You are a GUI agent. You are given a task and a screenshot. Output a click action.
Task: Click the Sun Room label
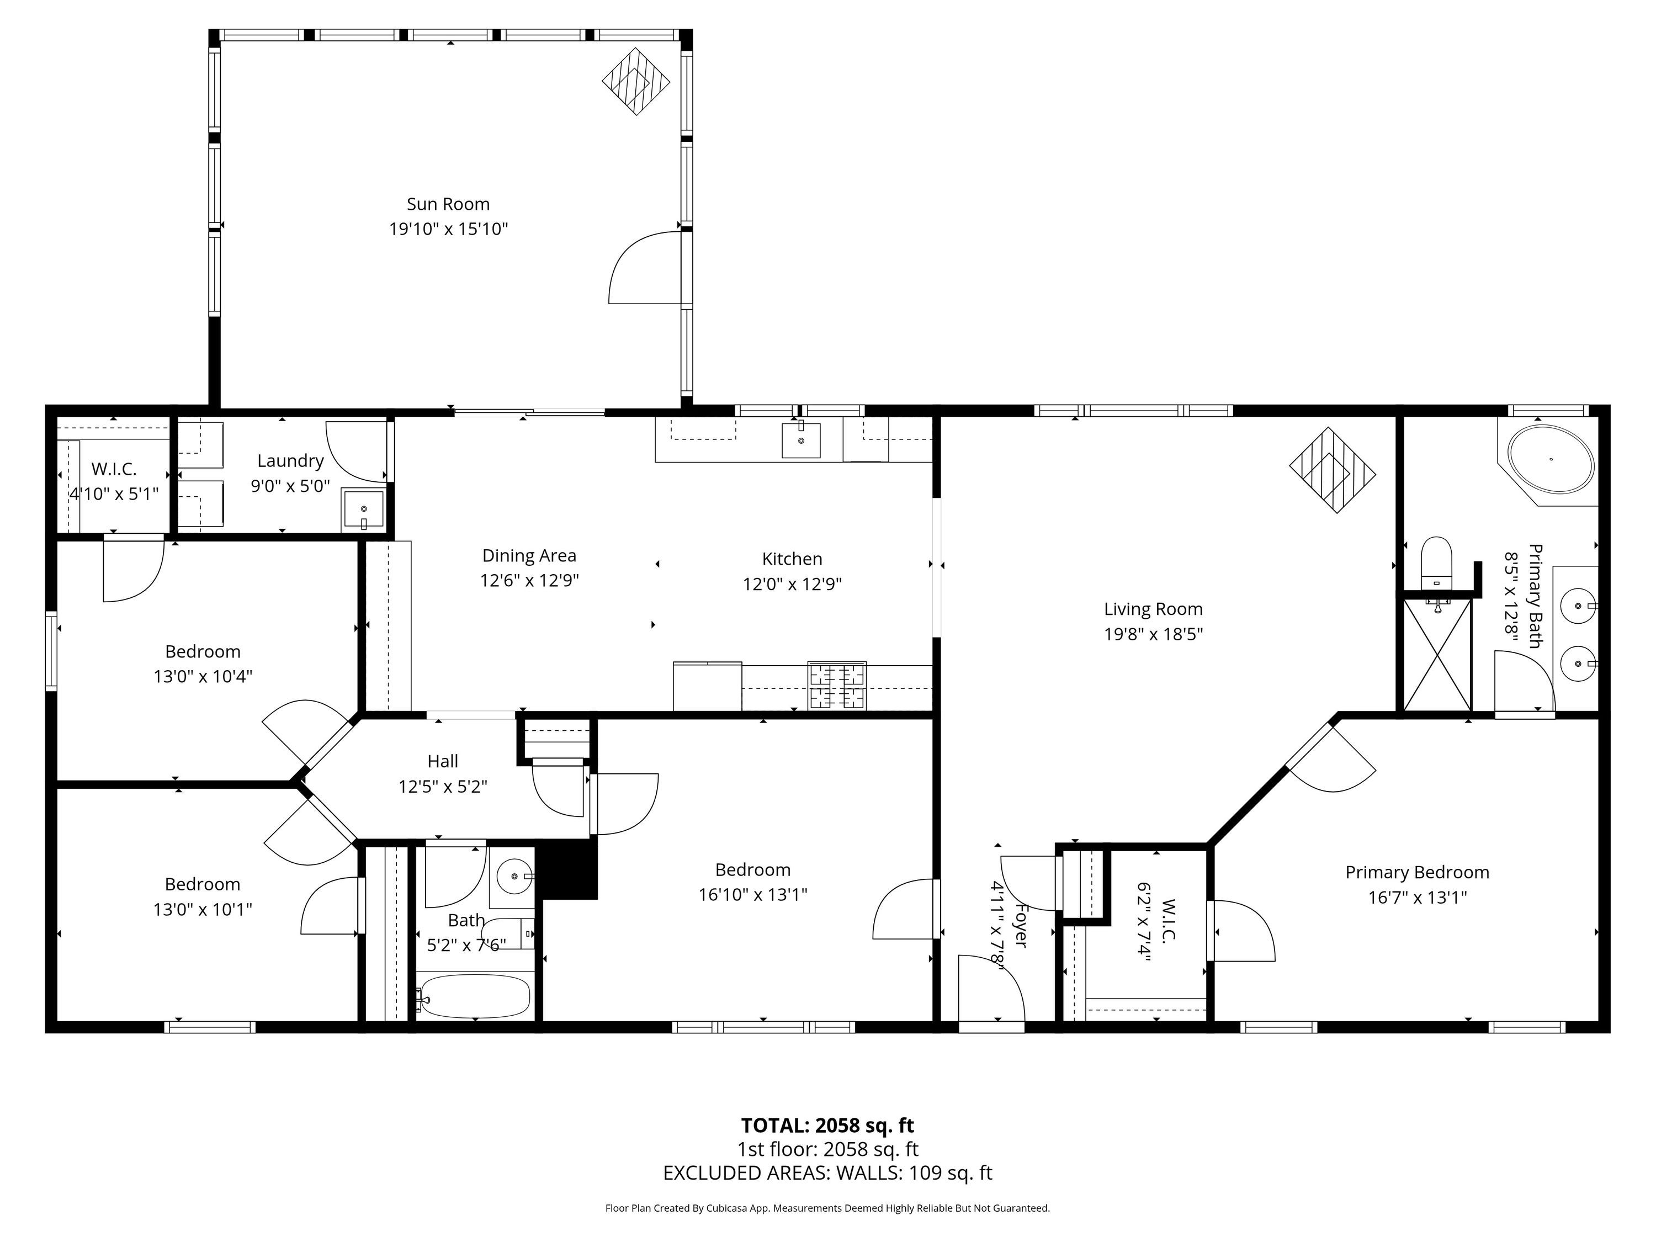[x=448, y=204]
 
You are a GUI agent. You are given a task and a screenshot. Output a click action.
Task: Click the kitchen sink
[x=801, y=440]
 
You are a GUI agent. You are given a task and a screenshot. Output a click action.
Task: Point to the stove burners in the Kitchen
[x=837, y=685]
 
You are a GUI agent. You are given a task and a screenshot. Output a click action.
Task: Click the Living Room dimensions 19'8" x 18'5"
[x=1153, y=634]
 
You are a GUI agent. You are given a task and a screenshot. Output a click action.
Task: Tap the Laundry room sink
[x=363, y=510]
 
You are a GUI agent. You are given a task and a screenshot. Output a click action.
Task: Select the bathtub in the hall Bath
[x=474, y=996]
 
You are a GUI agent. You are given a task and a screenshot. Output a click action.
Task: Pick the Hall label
[x=443, y=761]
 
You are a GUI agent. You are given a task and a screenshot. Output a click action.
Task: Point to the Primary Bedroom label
[x=1417, y=872]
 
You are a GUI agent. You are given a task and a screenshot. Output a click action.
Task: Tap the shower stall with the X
[x=1437, y=654]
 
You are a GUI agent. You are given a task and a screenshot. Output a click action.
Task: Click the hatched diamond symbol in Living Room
[x=1333, y=470]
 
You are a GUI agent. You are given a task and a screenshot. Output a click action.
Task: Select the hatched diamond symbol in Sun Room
[x=635, y=82]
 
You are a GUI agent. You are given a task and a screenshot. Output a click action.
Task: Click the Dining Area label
[x=529, y=555]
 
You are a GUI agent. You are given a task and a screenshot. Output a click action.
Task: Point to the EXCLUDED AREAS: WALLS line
[x=827, y=1173]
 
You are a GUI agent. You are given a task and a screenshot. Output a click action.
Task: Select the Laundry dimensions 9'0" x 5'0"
[x=290, y=486]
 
